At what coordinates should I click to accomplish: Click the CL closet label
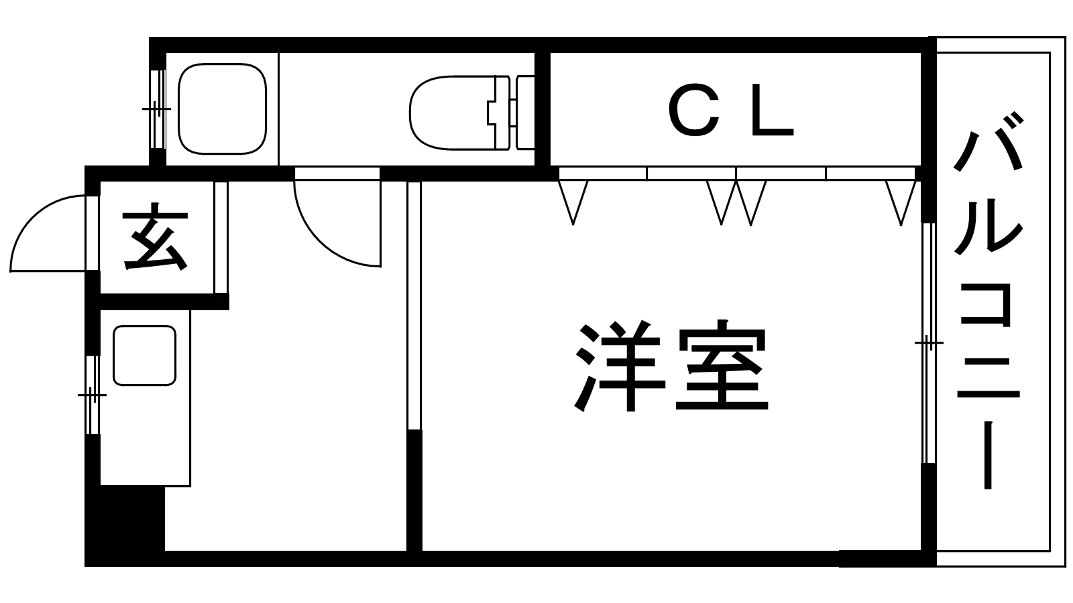click(x=731, y=110)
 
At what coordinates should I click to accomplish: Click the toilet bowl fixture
click(x=453, y=113)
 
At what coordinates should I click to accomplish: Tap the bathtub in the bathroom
click(x=222, y=109)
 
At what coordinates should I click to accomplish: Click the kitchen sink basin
click(x=144, y=355)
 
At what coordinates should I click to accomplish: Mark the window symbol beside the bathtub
click(x=157, y=109)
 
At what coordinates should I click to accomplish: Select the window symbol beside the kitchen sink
click(x=93, y=395)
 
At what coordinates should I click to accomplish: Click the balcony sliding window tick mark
click(x=929, y=342)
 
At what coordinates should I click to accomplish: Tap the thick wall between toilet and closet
click(x=543, y=109)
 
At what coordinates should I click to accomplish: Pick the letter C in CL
click(x=694, y=111)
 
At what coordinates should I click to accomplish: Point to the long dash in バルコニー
click(x=988, y=455)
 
